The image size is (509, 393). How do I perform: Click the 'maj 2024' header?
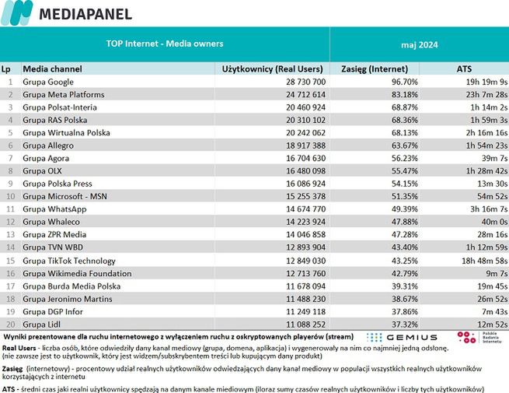[x=419, y=44]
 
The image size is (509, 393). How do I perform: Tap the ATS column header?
[x=463, y=68]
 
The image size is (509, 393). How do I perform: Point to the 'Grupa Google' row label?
[x=48, y=82]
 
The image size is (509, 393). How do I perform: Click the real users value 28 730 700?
[x=299, y=82]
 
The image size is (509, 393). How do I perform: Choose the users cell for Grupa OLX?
[x=299, y=170]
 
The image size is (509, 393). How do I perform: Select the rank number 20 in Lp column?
[x=9, y=324]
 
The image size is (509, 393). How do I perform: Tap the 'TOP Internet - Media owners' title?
[x=164, y=44]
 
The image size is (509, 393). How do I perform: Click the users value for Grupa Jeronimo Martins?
[x=299, y=298]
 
